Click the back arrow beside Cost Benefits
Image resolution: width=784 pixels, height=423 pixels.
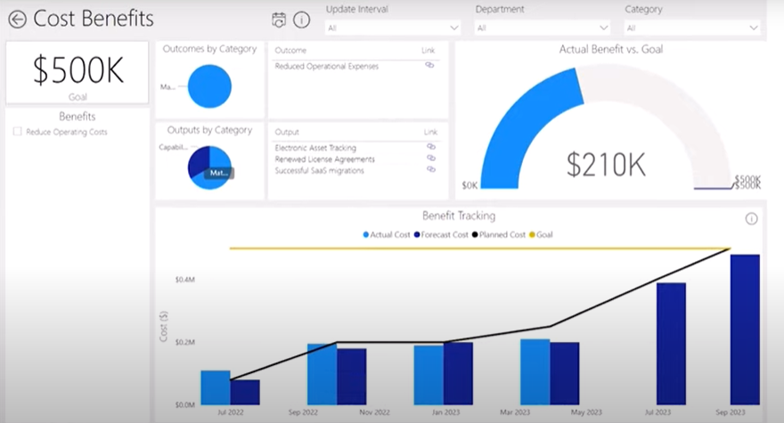point(17,19)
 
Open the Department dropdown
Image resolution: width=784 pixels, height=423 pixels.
point(542,28)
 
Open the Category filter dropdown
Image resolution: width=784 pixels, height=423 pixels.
point(692,28)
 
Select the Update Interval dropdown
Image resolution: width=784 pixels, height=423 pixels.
point(392,28)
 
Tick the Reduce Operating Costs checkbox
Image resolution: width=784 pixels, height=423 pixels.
point(18,132)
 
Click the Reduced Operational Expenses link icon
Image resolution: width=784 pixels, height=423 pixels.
point(430,65)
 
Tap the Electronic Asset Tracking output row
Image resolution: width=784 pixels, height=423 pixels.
point(315,147)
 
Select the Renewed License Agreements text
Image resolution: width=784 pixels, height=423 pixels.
point(324,159)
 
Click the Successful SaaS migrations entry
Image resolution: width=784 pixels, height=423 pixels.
point(319,170)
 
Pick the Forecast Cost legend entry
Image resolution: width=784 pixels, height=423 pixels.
point(441,234)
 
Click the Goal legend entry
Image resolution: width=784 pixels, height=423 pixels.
point(541,234)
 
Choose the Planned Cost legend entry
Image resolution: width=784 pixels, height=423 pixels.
point(501,234)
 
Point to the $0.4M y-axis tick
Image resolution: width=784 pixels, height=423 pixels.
point(184,280)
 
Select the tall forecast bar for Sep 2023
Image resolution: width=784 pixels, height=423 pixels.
point(745,329)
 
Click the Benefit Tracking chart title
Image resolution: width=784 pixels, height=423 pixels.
point(458,216)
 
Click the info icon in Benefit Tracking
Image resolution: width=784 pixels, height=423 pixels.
point(751,218)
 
